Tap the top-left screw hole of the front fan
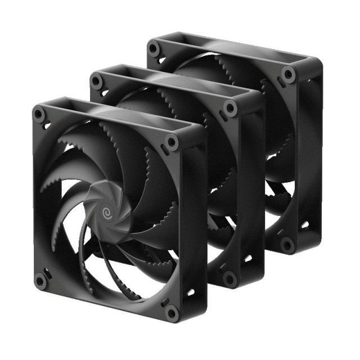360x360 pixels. point(38,114)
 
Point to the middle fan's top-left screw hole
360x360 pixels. point(96,82)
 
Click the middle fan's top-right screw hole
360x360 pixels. point(229,107)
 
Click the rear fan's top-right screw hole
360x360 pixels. point(289,74)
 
